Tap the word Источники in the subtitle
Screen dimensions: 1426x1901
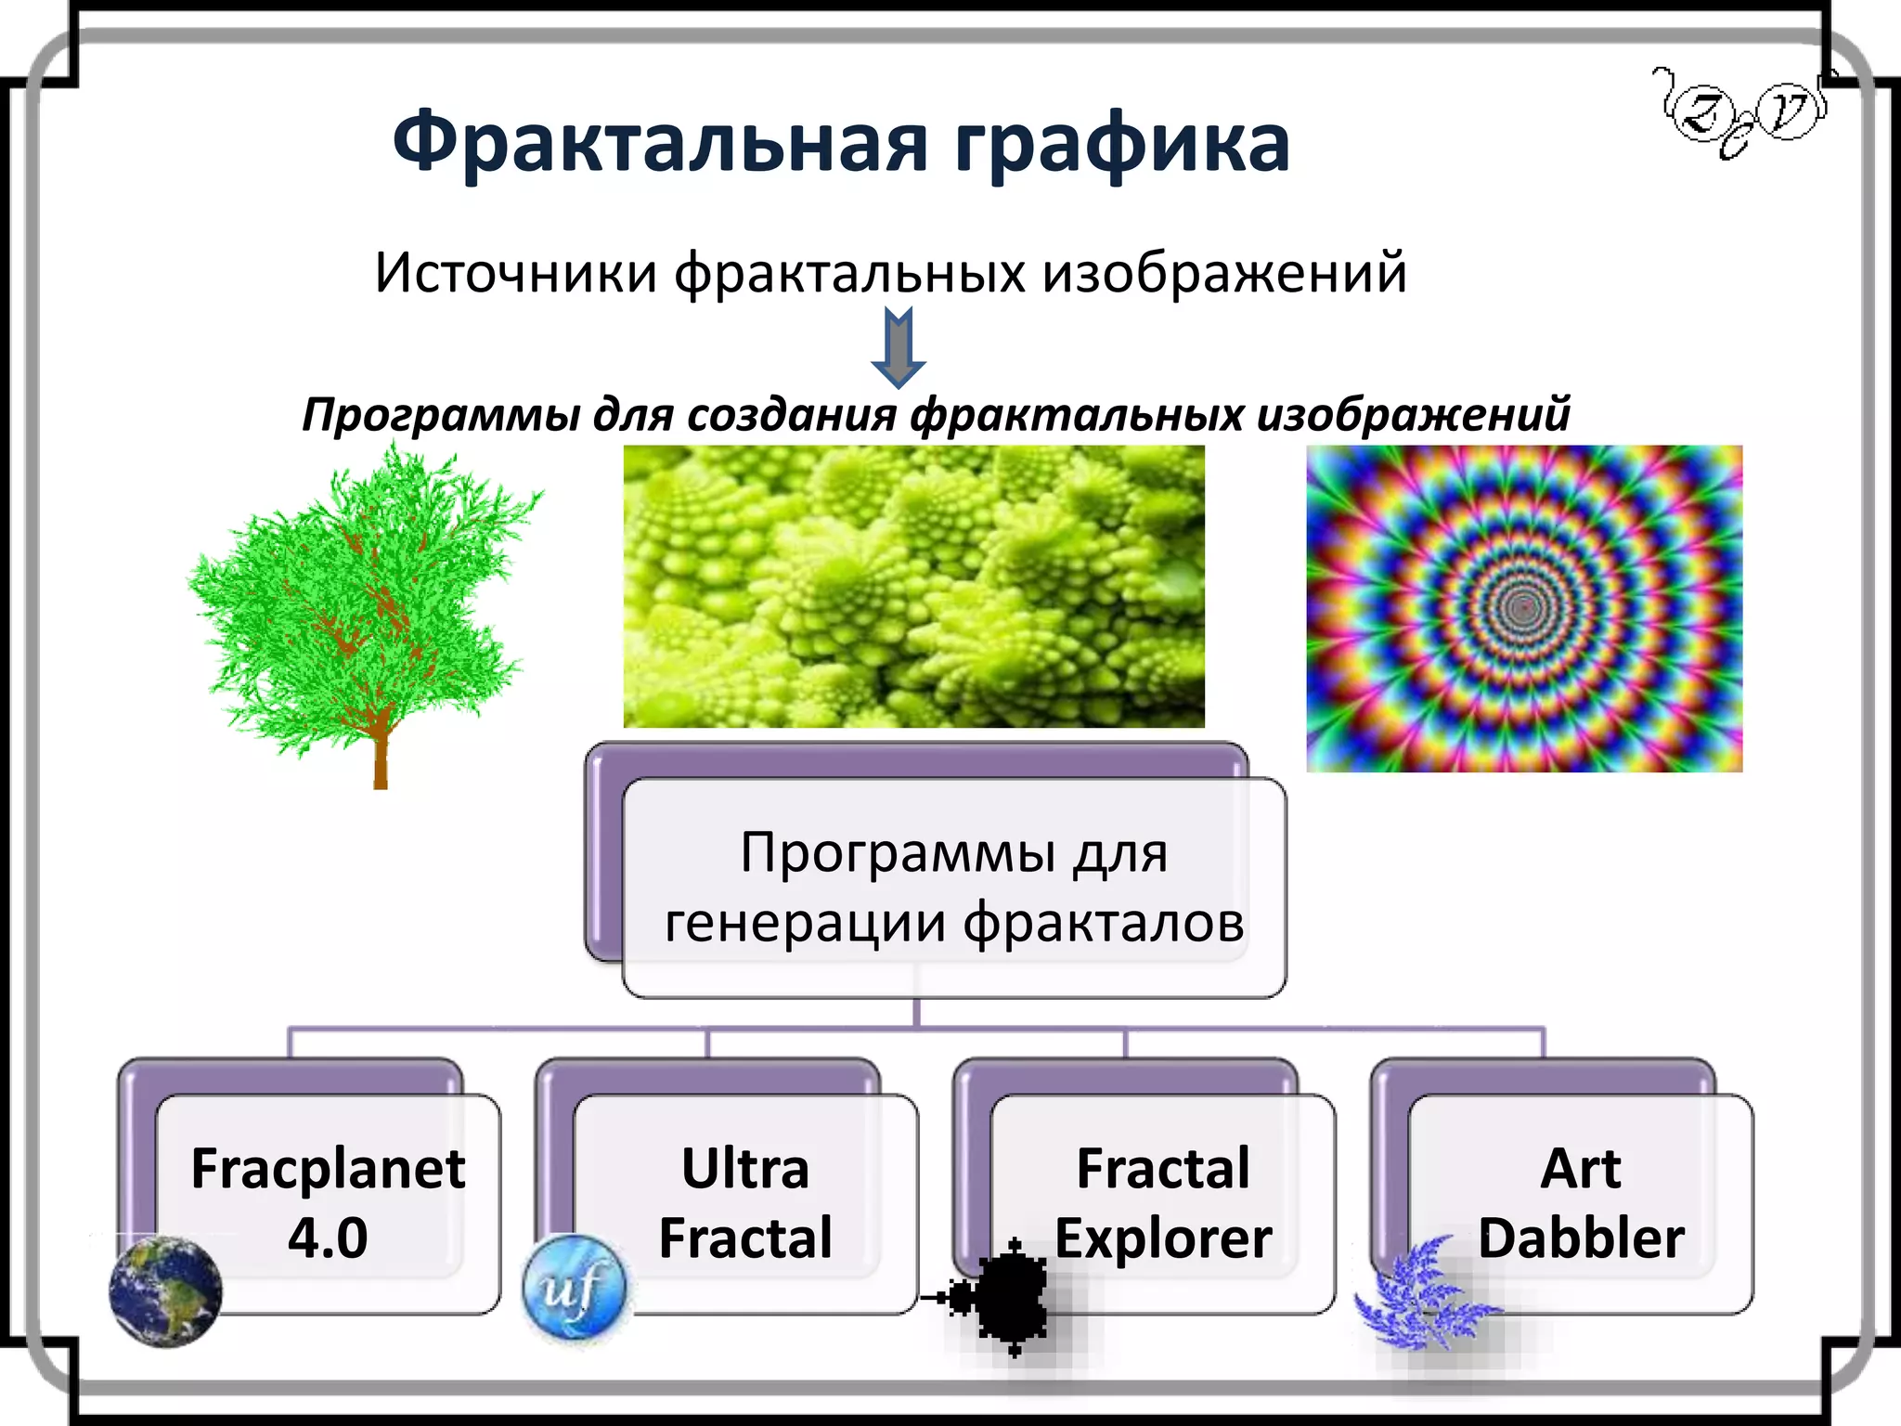click(x=516, y=273)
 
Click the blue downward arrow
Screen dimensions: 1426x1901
click(x=898, y=349)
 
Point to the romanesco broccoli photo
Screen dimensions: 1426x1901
click(x=913, y=586)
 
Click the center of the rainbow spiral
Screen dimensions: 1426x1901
click(x=1521, y=608)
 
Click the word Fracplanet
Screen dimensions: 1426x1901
click(x=328, y=1169)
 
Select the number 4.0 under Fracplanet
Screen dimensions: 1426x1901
click(x=328, y=1238)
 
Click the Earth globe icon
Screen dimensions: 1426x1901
click(x=166, y=1291)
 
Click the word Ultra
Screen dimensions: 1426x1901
click(x=745, y=1169)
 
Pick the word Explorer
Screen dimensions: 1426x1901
click(x=1163, y=1238)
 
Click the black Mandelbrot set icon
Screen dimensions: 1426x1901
click(x=1007, y=1295)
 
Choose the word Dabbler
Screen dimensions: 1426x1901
click(x=1581, y=1238)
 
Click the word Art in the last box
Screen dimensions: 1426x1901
click(x=1581, y=1169)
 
